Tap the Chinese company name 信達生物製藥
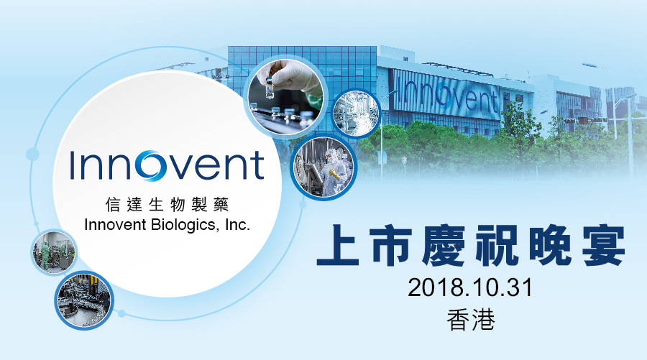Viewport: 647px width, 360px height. (167, 204)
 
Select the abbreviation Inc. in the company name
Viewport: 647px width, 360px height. (238, 225)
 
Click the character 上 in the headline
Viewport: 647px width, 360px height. (338, 244)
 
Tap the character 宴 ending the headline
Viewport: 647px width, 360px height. (603, 244)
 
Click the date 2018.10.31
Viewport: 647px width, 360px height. (470, 287)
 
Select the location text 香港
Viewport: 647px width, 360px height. (471, 320)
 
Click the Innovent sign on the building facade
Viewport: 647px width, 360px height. (447, 96)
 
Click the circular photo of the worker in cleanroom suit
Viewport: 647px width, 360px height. (324, 166)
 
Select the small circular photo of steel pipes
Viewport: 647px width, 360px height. (356, 113)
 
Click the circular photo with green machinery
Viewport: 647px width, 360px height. (54, 252)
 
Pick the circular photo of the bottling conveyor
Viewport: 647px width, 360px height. (84, 300)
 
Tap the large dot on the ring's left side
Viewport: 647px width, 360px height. (32, 154)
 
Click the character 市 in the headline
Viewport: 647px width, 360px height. (390, 244)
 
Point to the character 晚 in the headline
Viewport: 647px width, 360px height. (550, 244)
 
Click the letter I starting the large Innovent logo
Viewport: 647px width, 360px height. (73, 165)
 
